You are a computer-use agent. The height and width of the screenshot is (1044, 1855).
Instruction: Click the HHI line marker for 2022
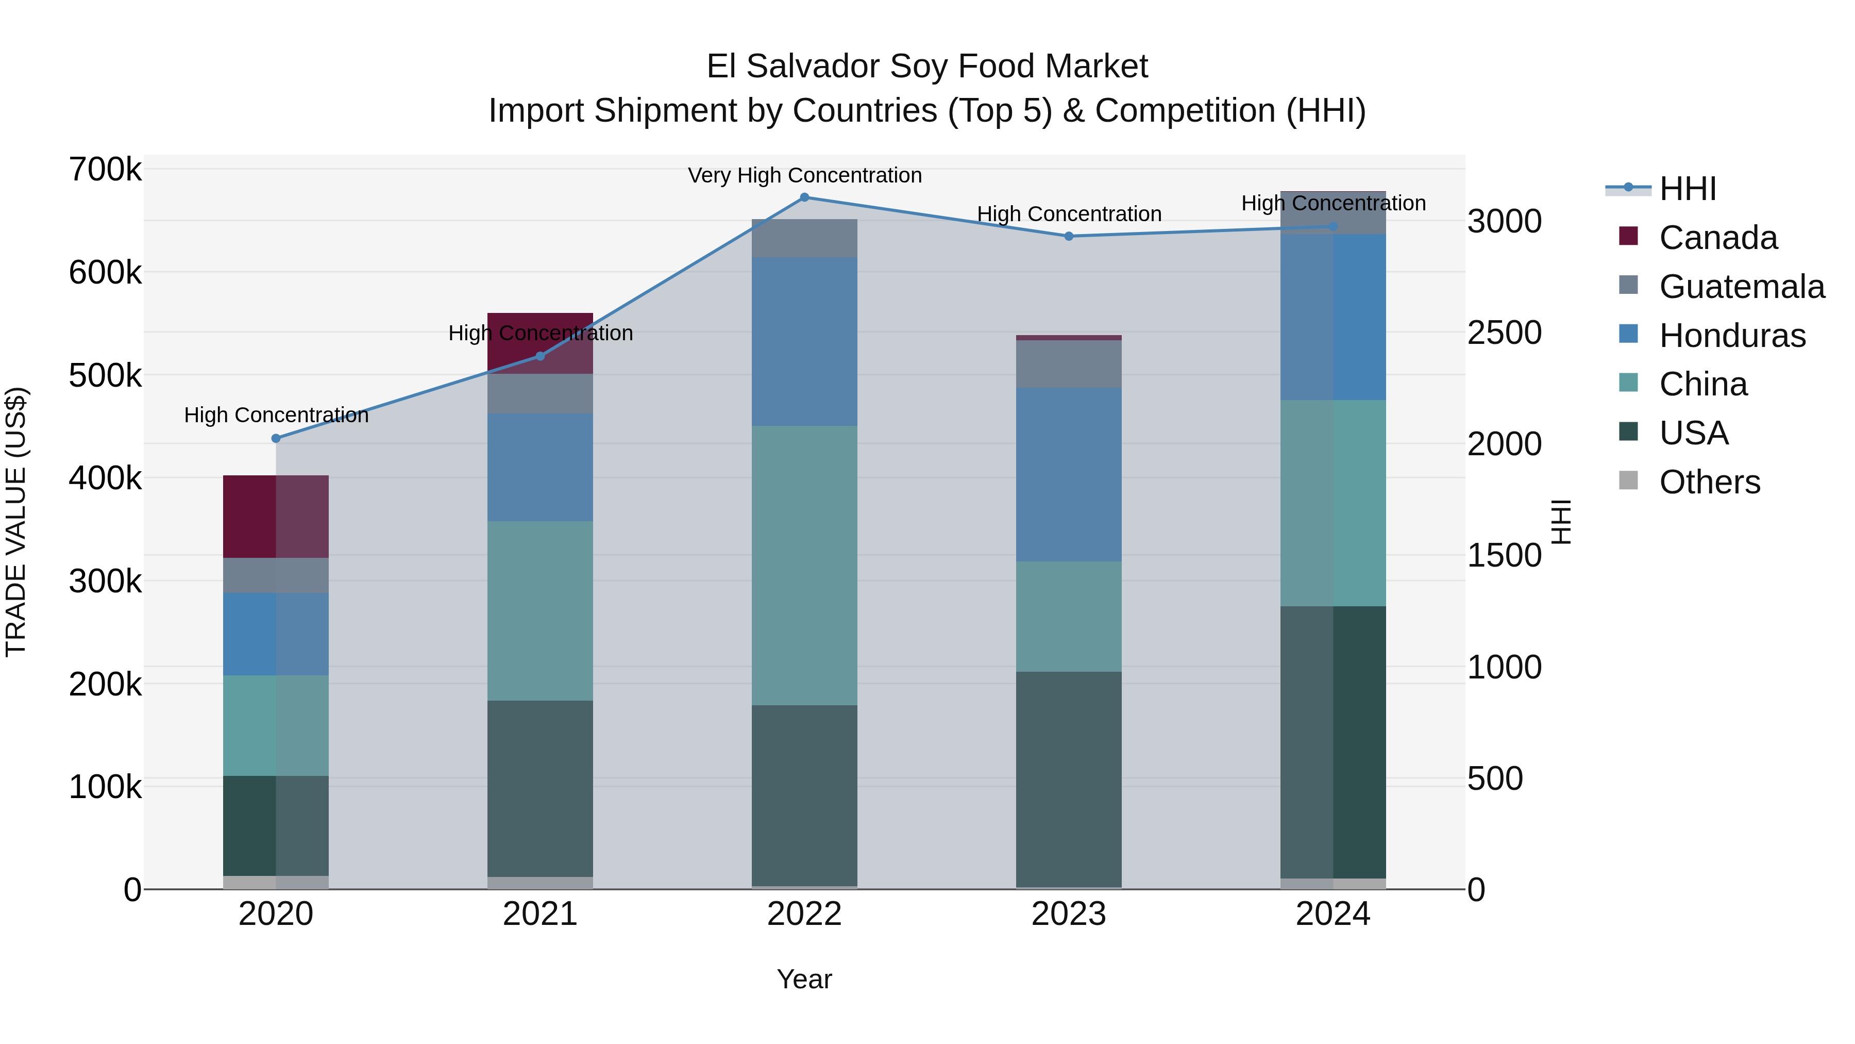804,197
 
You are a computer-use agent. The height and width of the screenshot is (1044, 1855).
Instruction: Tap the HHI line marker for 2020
276,438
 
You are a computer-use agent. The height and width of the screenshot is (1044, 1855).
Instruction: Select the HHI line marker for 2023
1069,236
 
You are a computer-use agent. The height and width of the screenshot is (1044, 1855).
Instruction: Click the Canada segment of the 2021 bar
540,343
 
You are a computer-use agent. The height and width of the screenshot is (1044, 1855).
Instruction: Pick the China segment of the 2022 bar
804,566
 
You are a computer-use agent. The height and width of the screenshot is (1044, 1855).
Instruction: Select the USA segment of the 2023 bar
1069,779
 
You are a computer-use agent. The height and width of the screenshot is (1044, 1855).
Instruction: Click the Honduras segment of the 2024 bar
1333,317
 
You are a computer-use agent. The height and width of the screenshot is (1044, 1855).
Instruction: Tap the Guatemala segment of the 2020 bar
276,576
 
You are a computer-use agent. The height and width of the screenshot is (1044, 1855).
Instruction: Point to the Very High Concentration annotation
804,176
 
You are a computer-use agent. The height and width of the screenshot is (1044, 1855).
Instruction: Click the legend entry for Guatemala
1741,287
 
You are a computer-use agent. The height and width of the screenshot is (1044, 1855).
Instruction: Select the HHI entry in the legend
1687,189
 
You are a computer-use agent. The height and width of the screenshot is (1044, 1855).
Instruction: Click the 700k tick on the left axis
105,170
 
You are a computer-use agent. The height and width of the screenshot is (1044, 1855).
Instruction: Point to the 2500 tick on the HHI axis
1504,333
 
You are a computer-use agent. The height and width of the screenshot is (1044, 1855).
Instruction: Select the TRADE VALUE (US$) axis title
16,522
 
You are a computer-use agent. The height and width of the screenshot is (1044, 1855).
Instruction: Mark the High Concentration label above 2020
276,416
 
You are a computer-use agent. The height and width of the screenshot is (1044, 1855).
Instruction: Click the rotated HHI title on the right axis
1560,522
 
